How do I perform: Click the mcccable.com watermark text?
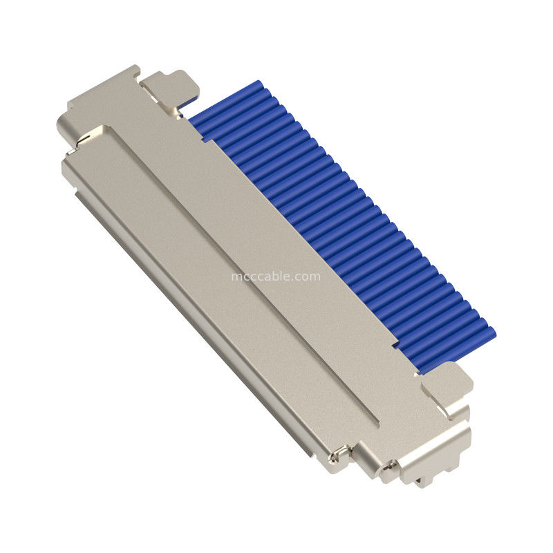tap(275, 276)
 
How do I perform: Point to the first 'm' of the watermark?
tap(235, 276)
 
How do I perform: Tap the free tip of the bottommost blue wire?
tap(490, 334)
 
